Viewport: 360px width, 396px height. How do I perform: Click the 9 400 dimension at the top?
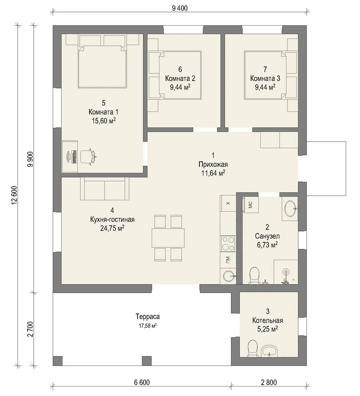tap(180, 8)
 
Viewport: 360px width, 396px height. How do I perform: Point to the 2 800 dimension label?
tap(269, 382)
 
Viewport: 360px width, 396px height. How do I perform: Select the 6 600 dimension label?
tap(142, 382)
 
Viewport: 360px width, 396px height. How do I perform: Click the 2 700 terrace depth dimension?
tap(30, 329)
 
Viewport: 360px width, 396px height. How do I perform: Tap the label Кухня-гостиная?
tap(112, 220)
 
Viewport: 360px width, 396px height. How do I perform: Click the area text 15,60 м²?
tap(104, 121)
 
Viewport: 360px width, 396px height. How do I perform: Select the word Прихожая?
tap(213, 164)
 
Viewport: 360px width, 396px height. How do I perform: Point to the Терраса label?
tap(148, 316)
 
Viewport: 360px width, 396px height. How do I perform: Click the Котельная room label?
tap(268, 320)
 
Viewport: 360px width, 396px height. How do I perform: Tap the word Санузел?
tap(267, 236)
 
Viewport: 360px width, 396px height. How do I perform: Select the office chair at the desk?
tap(88, 157)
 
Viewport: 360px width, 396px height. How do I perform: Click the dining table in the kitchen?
tap(168, 238)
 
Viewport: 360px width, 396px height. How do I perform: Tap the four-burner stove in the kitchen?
tap(228, 244)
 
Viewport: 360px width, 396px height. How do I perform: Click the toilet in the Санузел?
tap(254, 275)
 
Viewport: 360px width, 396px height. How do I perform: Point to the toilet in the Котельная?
tap(253, 349)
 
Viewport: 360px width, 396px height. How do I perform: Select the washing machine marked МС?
tap(250, 205)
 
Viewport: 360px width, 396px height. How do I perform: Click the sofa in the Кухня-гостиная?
tap(104, 189)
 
